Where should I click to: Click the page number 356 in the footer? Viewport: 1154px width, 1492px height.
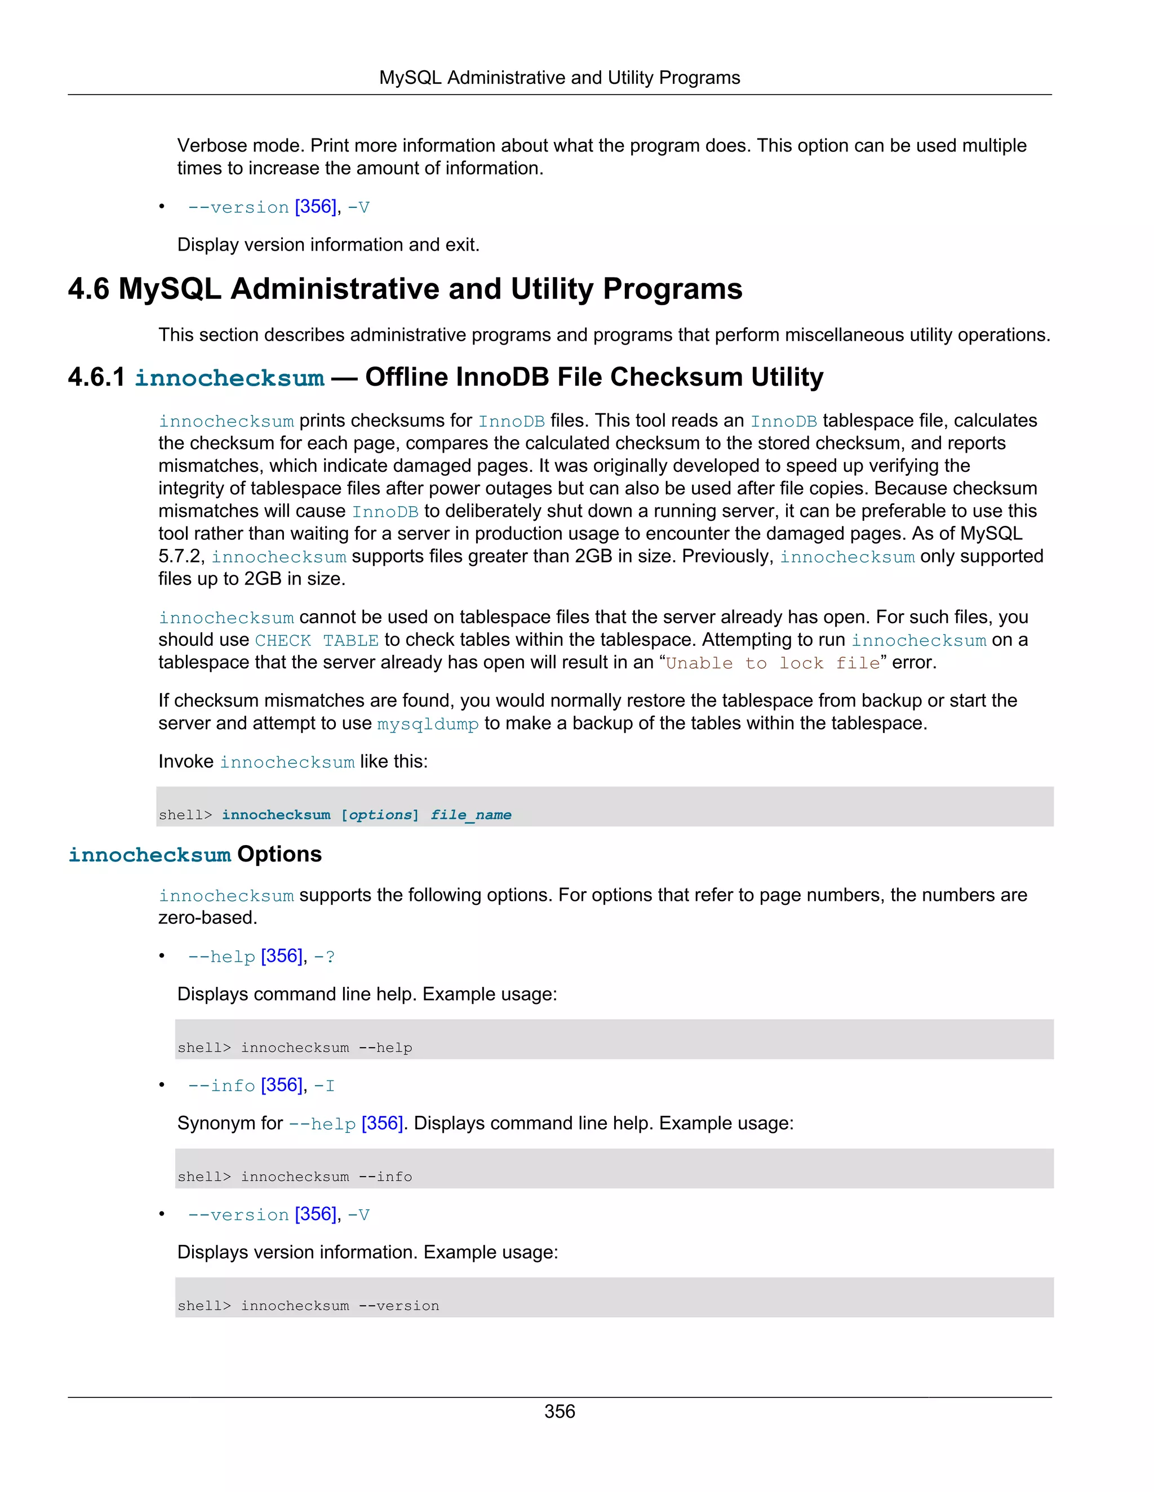pos(559,1411)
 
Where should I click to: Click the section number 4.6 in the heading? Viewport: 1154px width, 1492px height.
pos(88,289)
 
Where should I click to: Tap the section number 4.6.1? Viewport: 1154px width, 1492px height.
pos(96,377)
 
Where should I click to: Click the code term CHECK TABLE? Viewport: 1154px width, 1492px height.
pos(317,641)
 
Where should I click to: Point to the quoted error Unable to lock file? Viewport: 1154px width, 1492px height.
pos(773,663)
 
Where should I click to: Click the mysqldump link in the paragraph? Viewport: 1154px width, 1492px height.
pos(427,724)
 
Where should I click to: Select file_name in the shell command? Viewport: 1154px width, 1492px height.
pos(471,815)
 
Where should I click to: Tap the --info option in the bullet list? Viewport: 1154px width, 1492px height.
pos(221,1086)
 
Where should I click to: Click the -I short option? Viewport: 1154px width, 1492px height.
pos(324,1086)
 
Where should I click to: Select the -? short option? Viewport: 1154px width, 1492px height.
pos(324,957)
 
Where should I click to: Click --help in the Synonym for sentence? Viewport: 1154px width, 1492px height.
pos(322,1124)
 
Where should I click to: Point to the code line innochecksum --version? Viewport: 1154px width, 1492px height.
pos(340,1306)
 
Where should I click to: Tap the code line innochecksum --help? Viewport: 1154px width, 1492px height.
pos(326,1048)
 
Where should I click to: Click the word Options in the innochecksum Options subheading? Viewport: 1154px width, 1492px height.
pos(279,855)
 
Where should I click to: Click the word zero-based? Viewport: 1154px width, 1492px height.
pos(207,918)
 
